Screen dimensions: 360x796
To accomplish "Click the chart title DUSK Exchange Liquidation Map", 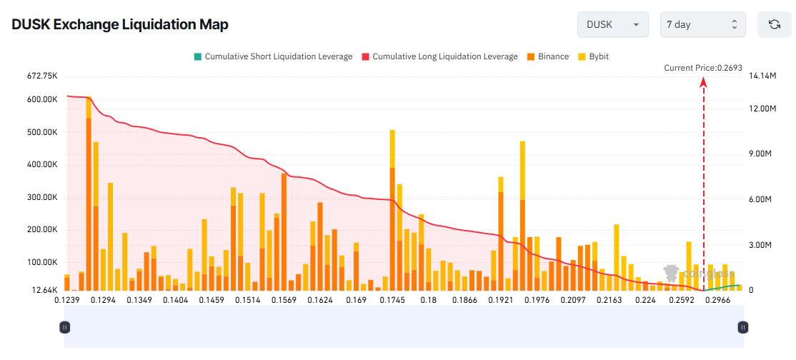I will (120, 24).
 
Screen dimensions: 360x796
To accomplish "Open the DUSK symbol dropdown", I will (612, 24).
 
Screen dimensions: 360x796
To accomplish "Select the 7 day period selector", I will (702, 24).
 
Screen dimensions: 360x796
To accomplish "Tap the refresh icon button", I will (774, 24).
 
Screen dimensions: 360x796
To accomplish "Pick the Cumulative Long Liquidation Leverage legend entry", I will (439, 56).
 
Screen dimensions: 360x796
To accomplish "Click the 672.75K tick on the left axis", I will (41, 76).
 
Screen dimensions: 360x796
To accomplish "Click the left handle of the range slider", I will (64, 327).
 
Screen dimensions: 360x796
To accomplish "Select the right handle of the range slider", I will (743, 327).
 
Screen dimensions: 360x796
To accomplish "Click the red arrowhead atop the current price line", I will (703, 81).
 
